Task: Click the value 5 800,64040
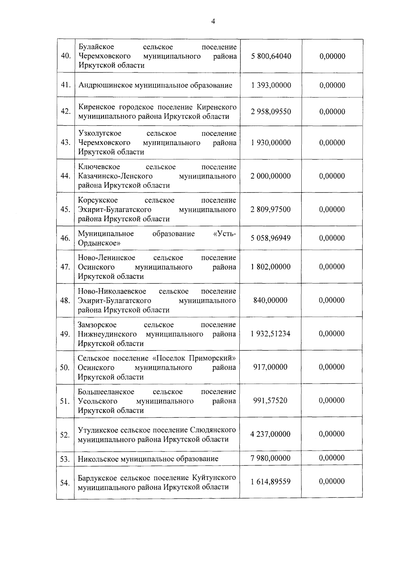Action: click(x=271, y=56)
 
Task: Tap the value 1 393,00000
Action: click(x=271, y=85)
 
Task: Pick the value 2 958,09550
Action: click(x=271, y=112)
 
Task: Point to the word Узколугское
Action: click(x=100, y=134)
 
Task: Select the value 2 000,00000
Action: click(x=271, y=176)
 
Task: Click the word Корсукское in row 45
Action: click(x=98, y=200)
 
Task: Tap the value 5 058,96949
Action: click(x=271, y=238)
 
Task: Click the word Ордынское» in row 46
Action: click(x=99, y=243)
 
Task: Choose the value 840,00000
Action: click(x=270, y=300)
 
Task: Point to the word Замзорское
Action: click(x=97, y=325)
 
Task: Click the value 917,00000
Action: click(x=270, y=367)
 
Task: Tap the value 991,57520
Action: click(x=270, y=400)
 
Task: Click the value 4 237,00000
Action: click(x=271, y=434)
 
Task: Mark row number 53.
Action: click(x=65, y=459)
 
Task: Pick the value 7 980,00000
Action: click(x=271, y=458)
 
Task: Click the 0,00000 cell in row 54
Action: click(x=332, y=481)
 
